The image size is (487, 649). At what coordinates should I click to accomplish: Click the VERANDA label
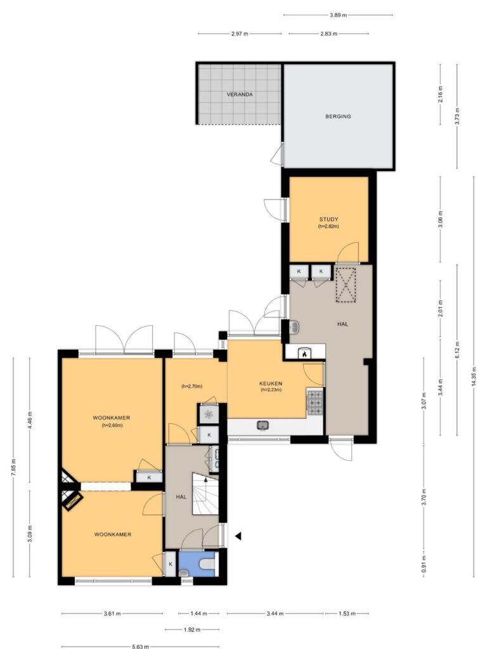239,94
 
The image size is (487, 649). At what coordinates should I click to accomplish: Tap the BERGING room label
338,117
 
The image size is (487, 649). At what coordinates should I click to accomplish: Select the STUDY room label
328,219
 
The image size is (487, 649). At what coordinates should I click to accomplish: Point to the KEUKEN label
271,383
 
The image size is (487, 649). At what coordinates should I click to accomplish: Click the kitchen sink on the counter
263,425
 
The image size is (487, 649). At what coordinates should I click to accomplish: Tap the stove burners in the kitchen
315,402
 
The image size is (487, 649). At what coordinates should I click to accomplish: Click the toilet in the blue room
207,563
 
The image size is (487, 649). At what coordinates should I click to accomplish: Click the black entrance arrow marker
238,536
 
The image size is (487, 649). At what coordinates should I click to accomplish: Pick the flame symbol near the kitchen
304,354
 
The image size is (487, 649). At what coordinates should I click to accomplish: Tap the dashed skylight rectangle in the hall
346,285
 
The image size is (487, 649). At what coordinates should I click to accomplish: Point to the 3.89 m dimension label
338,15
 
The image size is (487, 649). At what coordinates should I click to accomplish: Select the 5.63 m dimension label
140,646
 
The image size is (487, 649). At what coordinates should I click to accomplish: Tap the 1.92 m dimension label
192,629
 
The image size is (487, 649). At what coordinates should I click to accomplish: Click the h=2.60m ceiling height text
112,425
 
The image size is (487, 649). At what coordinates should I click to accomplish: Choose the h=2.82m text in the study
328,226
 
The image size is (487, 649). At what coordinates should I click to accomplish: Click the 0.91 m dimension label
424,564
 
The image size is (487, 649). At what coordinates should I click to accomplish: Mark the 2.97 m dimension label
239,34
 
